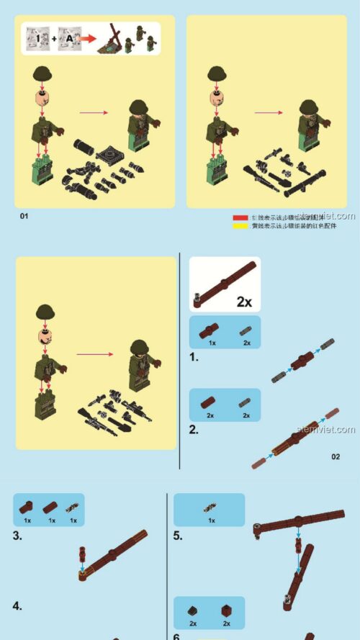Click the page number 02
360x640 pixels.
336,456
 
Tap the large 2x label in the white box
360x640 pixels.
244,302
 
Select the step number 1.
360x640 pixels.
194,356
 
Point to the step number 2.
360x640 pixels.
194,430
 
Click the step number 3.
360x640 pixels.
17,536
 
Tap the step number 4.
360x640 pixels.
17,606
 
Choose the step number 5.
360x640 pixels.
178,536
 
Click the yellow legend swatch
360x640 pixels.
240,226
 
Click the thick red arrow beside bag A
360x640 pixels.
88,38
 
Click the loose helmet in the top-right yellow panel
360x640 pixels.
217,73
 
